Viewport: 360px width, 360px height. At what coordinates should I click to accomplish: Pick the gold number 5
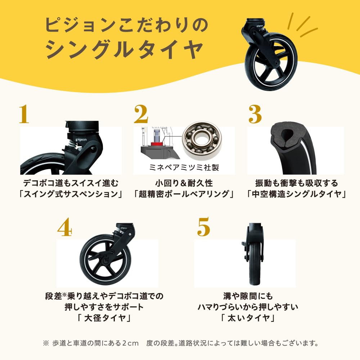point(203,226)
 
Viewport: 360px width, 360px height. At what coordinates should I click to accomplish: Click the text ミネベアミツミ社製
point(184,167)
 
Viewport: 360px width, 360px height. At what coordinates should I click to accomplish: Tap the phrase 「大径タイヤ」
point(103,319)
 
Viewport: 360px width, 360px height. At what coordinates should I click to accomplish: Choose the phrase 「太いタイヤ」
point(248,319)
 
